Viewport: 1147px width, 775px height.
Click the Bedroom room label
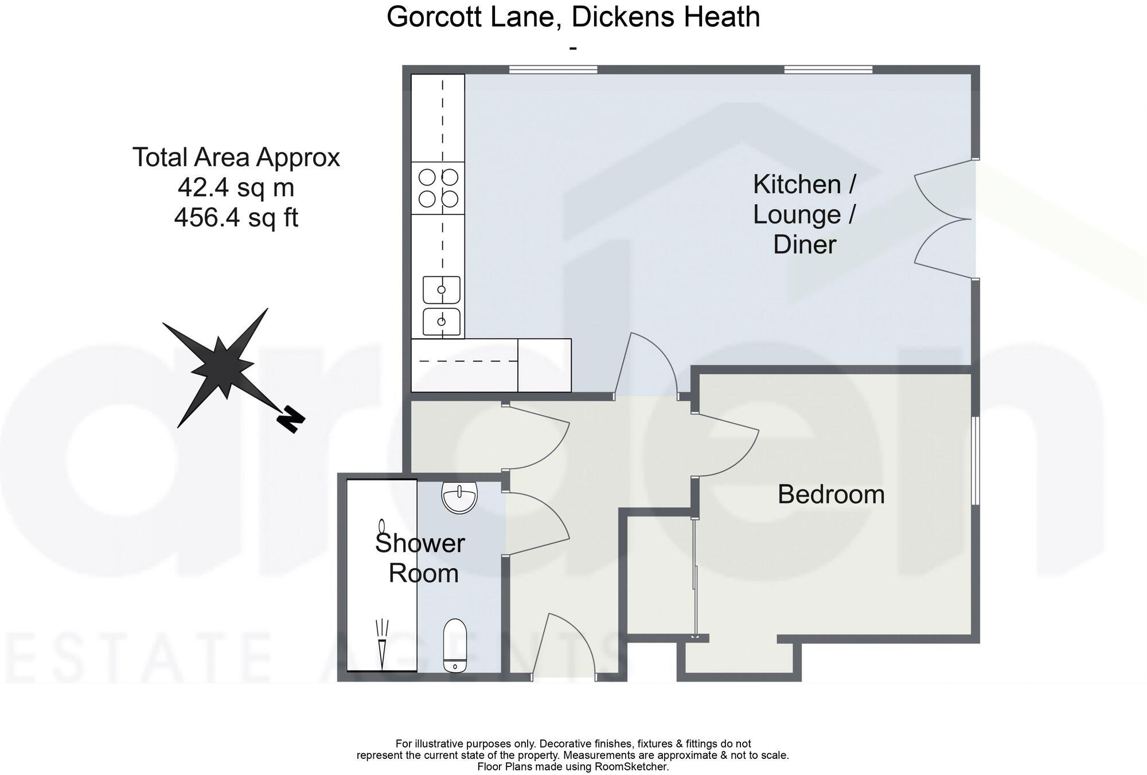(x=831, y=495)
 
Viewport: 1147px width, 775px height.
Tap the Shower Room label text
(x=421, y=558)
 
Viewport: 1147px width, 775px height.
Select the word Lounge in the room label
(x=797, y=214)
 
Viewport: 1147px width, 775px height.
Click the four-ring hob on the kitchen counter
(x=438, y=188)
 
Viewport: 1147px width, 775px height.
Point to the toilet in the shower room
(x=455, y=645)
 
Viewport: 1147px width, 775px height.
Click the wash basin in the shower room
(x=459, y=496)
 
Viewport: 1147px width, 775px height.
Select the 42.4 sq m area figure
(x=236, y=187)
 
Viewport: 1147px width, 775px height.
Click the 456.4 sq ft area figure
(x=236, y=218)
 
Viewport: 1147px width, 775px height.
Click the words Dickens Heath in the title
(x=665, y=17)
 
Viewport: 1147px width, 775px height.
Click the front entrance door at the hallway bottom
(x=565, y=648)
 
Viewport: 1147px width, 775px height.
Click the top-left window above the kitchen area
(x=553, y=70)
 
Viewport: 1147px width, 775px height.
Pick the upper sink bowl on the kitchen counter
(x=441, y=289)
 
